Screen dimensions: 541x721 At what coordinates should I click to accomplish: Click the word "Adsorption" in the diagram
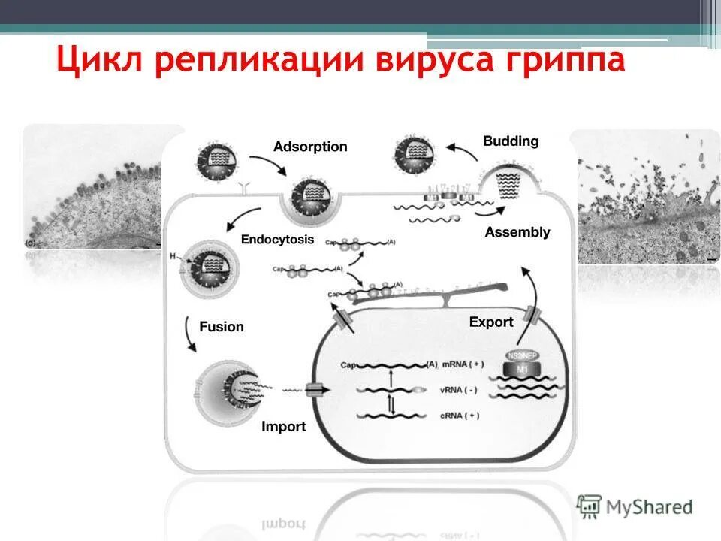tap(310, 147)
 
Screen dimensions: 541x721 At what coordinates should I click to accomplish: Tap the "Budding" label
tap(511, 141)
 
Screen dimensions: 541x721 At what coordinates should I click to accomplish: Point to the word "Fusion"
tap(222, 327)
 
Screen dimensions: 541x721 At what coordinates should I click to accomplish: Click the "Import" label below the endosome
tap(283, 426)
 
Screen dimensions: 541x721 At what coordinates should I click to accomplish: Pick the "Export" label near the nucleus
tap(491, 322)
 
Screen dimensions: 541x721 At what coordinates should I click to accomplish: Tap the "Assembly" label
tap(517, 232)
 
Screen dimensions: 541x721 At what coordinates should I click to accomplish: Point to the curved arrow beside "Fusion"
tap(189, 334)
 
